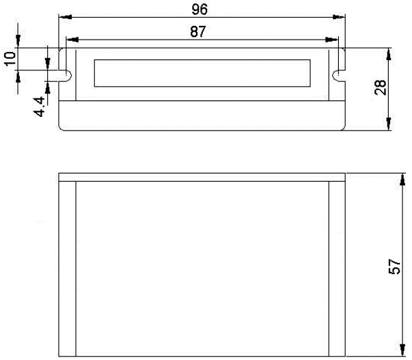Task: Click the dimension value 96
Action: tap(200, 9)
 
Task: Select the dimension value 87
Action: tap(200, 31)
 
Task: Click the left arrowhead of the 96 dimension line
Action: tap(63, 18)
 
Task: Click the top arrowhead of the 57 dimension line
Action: tap(399, 178)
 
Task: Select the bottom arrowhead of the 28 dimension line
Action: tap(389, 125)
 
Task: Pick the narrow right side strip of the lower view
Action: tap(335, 268)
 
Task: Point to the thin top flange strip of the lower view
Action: tap(202, 178)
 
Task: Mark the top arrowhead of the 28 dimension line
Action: tap(389, 53)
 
